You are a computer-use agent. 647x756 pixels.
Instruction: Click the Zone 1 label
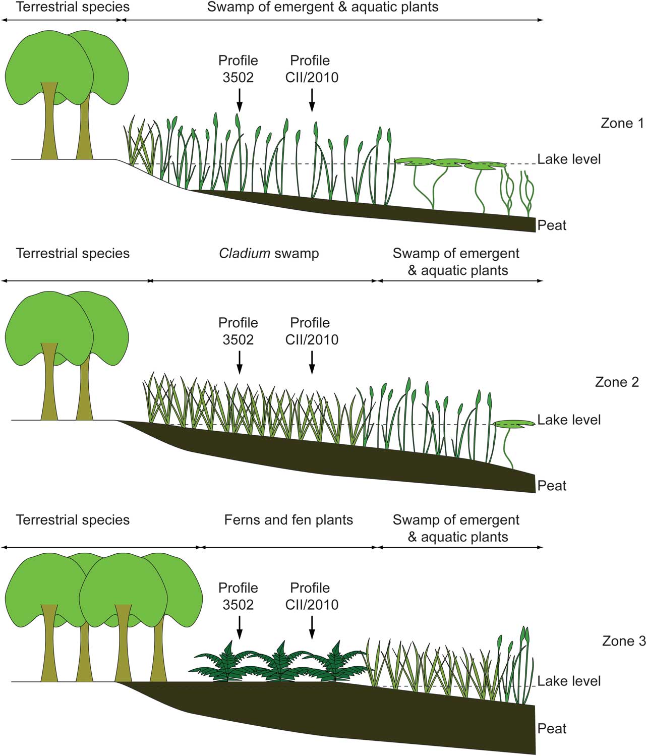622,123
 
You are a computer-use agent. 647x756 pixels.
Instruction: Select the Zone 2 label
617,382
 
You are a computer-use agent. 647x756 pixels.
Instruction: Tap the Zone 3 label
624,641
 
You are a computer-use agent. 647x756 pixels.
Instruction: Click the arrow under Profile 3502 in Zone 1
239,100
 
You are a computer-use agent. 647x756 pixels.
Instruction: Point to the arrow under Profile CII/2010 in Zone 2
312,362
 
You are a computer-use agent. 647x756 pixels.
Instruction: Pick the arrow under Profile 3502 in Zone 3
239,627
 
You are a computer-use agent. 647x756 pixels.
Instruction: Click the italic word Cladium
245,253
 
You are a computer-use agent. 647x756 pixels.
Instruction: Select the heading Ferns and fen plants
288,520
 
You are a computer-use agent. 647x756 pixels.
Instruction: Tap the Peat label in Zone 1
552,225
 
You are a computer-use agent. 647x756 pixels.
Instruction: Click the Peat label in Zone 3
552,728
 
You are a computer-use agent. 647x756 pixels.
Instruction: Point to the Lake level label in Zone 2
569,420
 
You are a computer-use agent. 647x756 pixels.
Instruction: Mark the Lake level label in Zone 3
569,681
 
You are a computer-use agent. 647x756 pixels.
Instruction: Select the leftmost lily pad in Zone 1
415,162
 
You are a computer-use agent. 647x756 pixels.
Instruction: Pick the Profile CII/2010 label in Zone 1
311,69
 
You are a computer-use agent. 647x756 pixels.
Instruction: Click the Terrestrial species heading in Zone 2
73,253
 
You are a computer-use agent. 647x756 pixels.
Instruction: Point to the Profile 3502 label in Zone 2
238,331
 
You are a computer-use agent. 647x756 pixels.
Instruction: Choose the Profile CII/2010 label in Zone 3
311,596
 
